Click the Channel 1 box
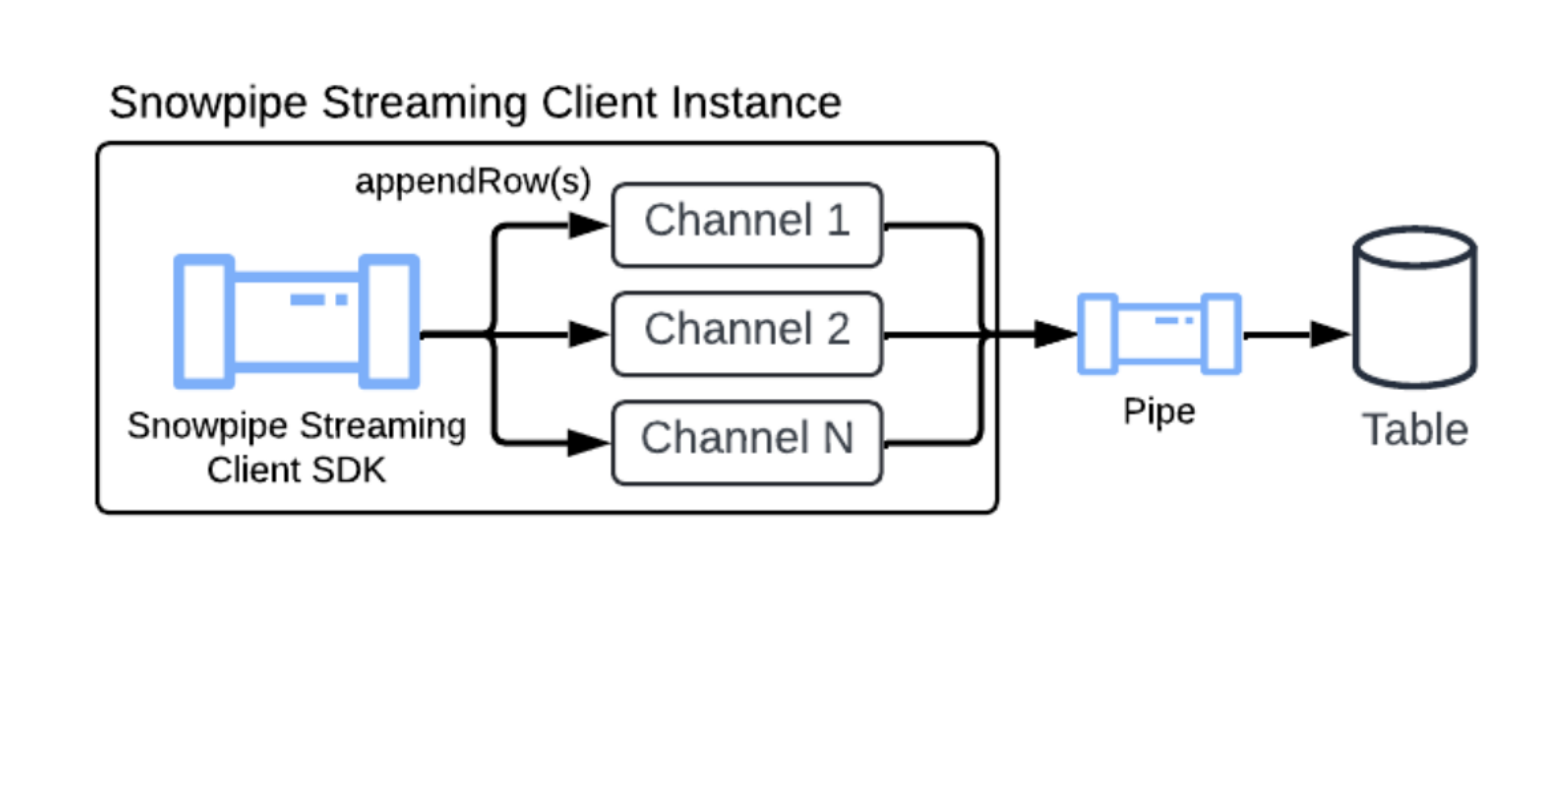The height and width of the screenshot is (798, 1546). tap(746, 225)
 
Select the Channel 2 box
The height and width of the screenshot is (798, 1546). tap(746, 333)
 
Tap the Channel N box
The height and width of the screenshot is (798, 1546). tap(746, 442)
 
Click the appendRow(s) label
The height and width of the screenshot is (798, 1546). tap(472, 182)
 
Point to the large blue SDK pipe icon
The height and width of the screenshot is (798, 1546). tap(296, 322)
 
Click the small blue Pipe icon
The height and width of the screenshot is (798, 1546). tap(1159, 334)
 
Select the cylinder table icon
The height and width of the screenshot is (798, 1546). tap(1415, 307)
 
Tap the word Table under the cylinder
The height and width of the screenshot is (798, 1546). tap(1415, 430)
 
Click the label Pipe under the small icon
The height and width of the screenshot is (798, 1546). tap(1159, 412)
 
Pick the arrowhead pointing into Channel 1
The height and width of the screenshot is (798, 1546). tap(589, 225)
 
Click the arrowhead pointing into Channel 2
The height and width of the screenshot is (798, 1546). tap(589, 334)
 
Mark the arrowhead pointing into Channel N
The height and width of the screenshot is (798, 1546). tap(589, 443)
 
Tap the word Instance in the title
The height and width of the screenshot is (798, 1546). tap(756, 103)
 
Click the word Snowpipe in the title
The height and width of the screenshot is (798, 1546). tap(208, 103)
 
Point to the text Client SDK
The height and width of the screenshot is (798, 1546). tap(296, 470)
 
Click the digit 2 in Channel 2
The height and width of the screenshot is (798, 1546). tap(838, 329)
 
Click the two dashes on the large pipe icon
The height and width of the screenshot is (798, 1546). tap(319, 299)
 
